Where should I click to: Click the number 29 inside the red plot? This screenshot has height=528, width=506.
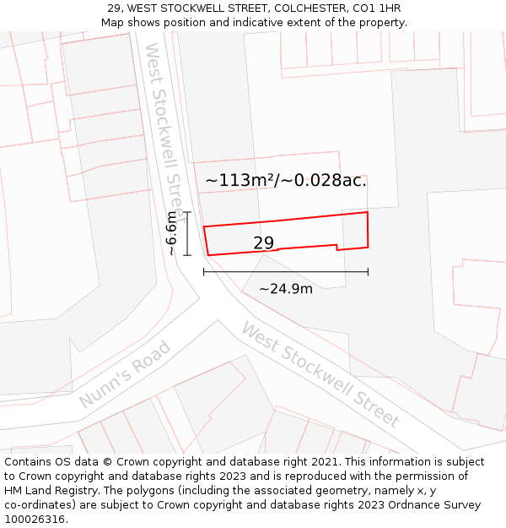coord(263,243)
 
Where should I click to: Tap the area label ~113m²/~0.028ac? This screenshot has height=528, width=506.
coord(286,180)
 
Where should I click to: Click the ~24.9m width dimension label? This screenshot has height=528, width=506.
coord(285,289)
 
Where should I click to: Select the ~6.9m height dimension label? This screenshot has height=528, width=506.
coord(171,234)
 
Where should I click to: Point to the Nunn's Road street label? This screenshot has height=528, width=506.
coord(125,374)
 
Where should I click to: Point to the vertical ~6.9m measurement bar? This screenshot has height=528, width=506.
coord(187,233)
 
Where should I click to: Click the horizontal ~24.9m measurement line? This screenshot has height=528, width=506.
coord(285,272)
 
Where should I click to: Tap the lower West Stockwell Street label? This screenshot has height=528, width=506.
coord(320,374)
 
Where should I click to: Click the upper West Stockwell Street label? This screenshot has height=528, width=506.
coord(166,127)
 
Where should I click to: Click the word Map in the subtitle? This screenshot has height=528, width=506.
coord(113,22)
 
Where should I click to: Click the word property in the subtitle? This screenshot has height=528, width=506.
coord(382,22)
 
